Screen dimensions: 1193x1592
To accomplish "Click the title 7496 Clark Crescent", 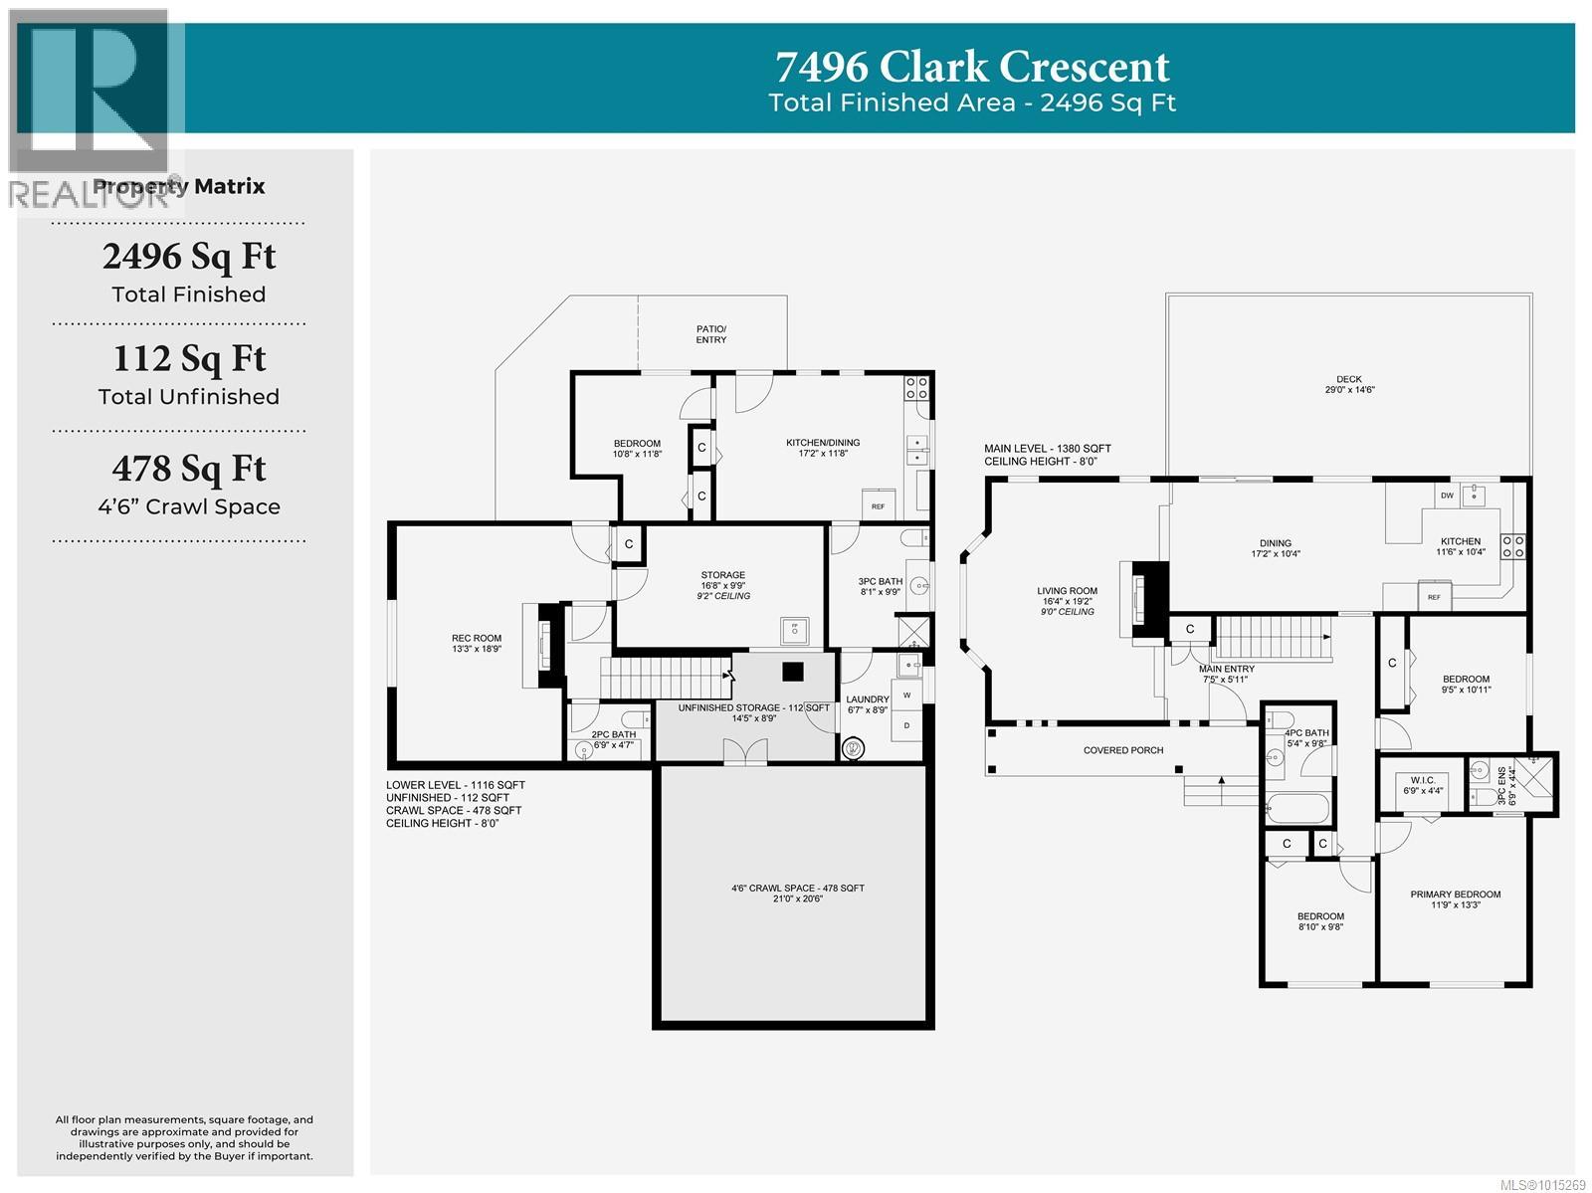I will click(x=972, y=68).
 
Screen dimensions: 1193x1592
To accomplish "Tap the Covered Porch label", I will click(x=1122, y=750).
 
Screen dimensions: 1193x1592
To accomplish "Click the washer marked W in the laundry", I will click(x=906, y=695).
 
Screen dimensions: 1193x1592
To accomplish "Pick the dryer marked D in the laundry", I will click(x=906, y=726).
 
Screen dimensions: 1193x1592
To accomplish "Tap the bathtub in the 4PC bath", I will click(x=1297, y=809).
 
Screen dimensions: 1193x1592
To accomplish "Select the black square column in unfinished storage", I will click(x=792, y=672).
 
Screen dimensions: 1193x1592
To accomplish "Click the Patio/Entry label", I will click(x=710, y=334).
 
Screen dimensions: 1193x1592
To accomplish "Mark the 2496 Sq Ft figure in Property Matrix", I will click(x=189, y=257).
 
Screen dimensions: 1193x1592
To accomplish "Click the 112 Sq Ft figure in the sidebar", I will click(x=189, y=358).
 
